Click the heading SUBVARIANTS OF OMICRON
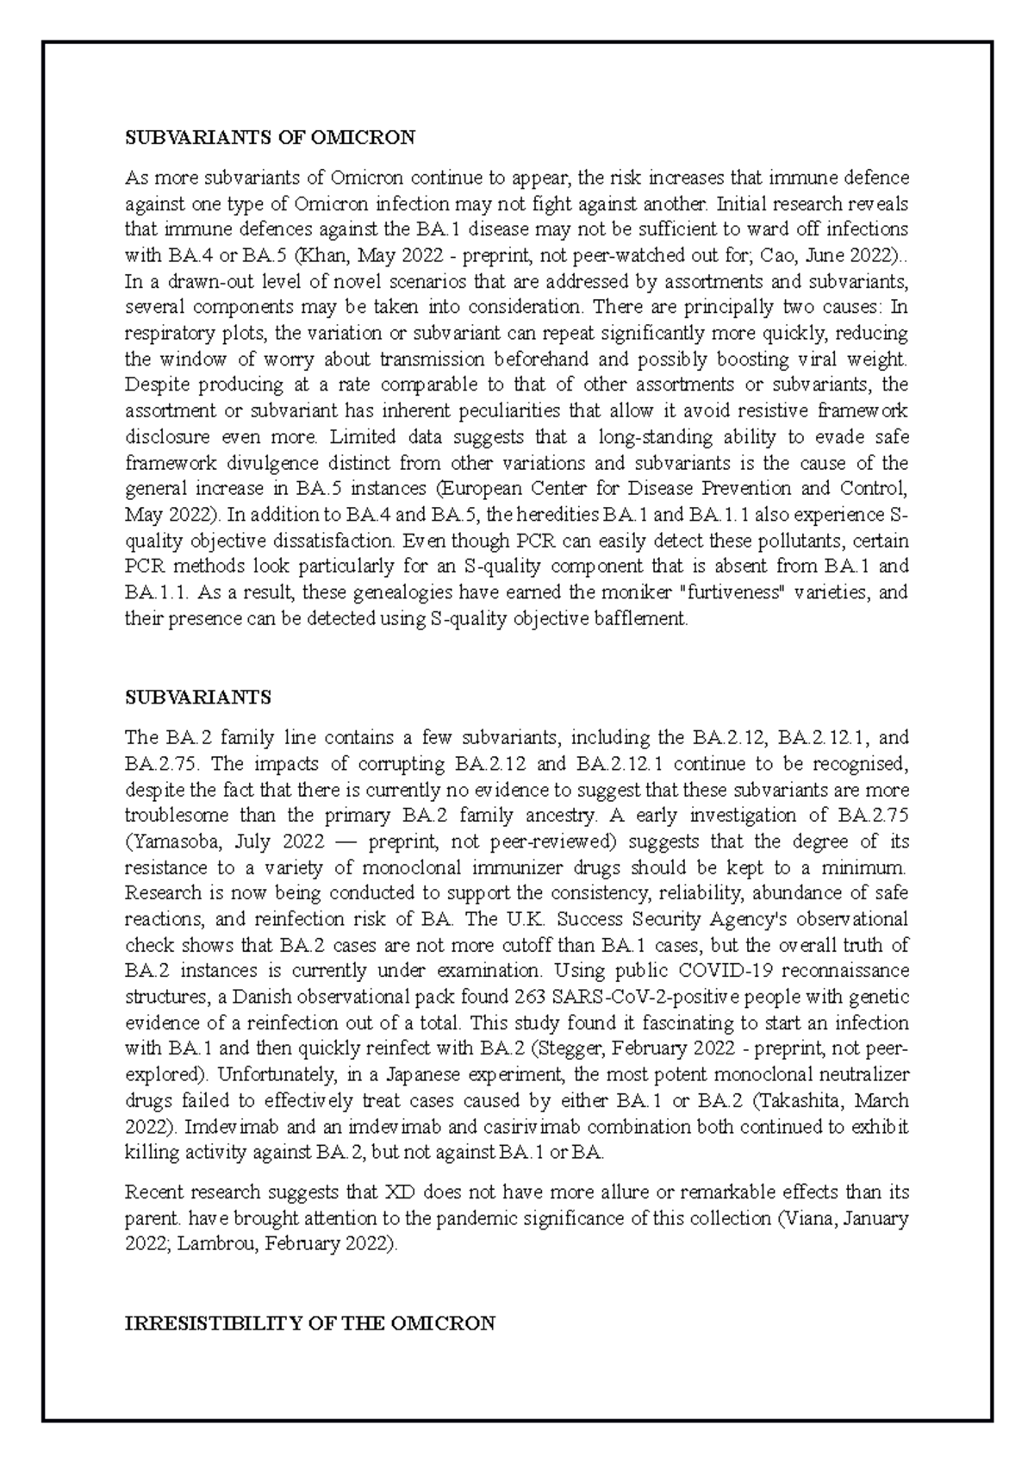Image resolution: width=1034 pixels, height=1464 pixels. coord(270,137)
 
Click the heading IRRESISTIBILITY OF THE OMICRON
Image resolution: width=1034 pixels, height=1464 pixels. coord(310,1323)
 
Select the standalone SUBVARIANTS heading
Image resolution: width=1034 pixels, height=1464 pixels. coord(198,696)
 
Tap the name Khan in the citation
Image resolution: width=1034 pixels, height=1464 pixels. coord(381,255)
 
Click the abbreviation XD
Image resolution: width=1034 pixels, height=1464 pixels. coord(398,1192)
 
